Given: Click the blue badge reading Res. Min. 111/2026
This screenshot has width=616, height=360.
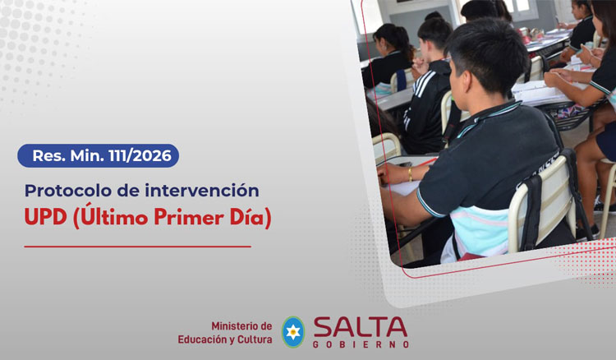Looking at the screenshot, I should (98, 155).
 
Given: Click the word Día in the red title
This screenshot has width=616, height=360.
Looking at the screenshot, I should (247, 220).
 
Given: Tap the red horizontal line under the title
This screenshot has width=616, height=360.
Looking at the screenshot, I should (137, 246).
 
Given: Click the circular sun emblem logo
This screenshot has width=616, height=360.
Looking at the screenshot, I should (292, 331).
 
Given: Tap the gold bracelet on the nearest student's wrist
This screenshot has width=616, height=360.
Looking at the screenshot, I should (410, 174).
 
